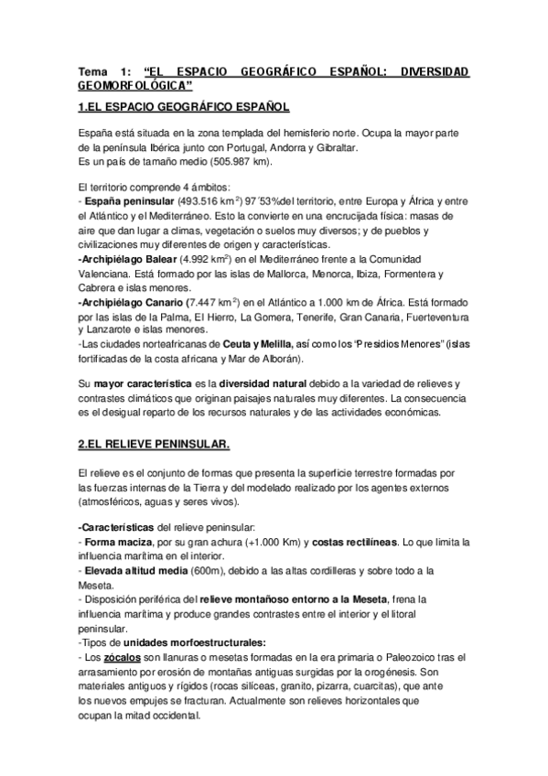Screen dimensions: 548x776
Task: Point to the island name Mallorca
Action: (284, 274)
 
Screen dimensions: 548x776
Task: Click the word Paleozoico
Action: (396, 656)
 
